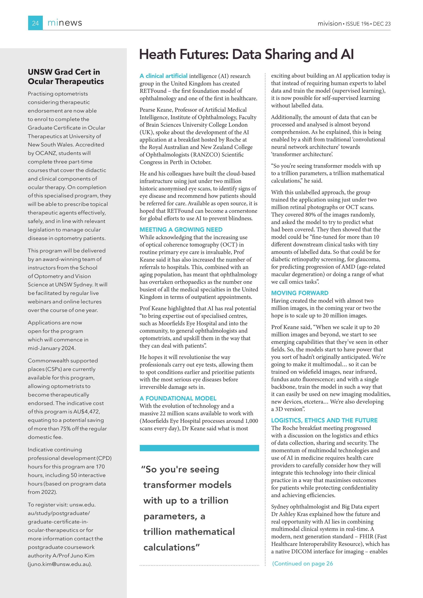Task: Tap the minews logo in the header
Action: (x=65, y=23)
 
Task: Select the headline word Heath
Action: (x=157, y=54)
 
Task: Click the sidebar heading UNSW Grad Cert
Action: (x=64, y=72)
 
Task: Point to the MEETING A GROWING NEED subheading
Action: (x=181, y=229)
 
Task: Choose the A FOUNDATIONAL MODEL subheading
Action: (x=178, y=398)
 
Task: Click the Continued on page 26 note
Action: (x=302, y=563)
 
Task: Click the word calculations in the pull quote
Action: (x=169, y=547)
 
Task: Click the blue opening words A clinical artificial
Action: (x=163, y=76)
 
